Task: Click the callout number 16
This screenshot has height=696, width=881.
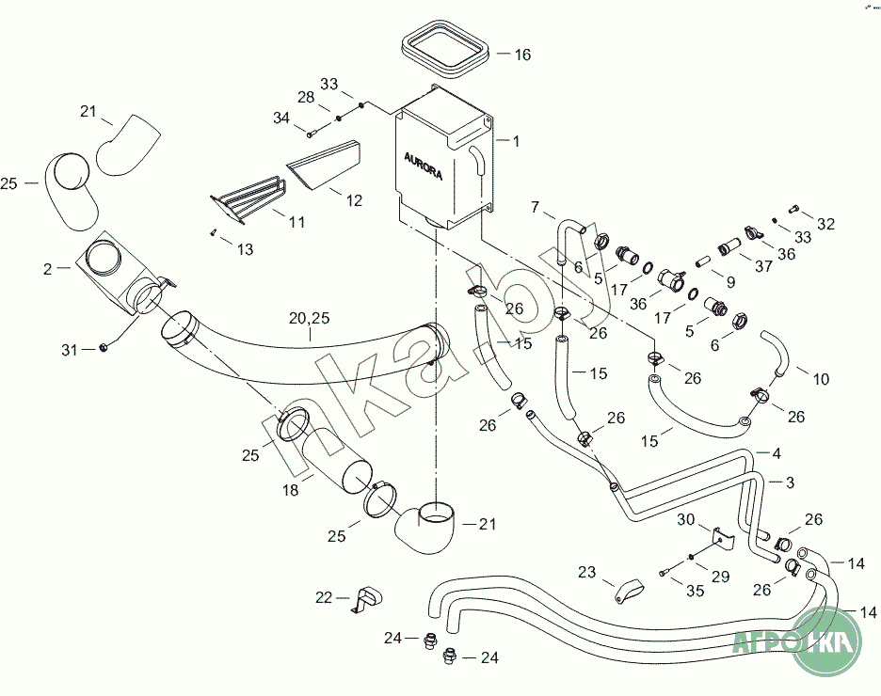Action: pos(521,55)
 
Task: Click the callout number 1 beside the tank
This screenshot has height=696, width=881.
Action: pos(515,140)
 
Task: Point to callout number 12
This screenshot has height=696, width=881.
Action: pos(354,200)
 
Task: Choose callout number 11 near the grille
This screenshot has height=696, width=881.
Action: pos(296,224)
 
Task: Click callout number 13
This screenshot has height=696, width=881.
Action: pos(245,249)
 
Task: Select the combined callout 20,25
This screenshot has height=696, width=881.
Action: pos(310,320)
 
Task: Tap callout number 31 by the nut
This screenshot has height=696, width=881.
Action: pos(69,350)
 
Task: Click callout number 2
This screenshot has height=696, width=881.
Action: pos(48,268)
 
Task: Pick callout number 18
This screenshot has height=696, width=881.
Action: pos(291,490)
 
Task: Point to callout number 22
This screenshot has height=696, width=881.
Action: pos(324,596)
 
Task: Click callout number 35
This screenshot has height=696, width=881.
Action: pos(696,591)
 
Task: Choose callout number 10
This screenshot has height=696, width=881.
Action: pos(821,380)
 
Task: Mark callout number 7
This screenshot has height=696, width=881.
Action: pos(536,206)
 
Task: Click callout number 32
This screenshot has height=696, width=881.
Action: pos(825,224)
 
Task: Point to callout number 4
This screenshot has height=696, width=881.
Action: pos(777,454)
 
